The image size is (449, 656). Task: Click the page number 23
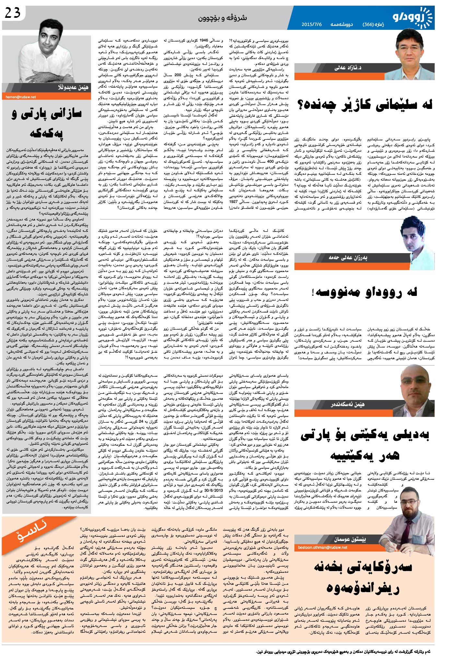point(13,13)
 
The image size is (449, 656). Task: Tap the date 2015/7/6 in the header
point(311,24)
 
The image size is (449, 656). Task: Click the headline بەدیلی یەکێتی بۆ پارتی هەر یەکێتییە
point(365,445)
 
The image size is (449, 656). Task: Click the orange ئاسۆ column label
point(32,532)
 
